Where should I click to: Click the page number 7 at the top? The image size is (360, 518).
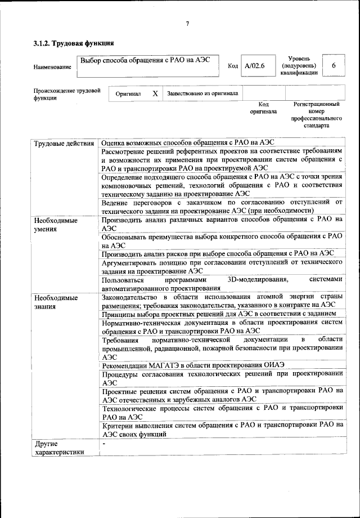[188, 24]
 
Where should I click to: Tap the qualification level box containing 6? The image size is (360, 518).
[334, 66]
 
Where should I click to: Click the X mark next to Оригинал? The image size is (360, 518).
[155, 93]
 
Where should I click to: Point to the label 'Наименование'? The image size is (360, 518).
[52, 68]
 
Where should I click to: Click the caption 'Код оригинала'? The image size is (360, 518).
[263, 108]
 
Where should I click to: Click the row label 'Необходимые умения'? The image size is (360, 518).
[55, 225]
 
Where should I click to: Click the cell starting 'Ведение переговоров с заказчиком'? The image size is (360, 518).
[222, 206]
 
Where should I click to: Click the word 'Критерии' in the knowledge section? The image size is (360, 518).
[119, 425]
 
